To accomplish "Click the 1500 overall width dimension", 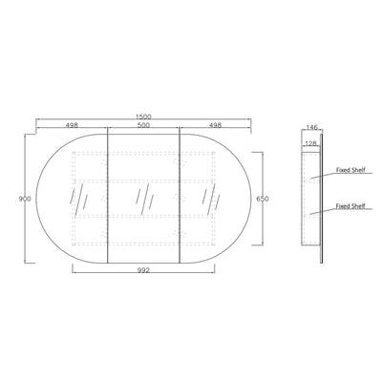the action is pyautogui.click(x=143, y=117).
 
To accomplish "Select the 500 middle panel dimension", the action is pyautogui.click(x=143, y=125).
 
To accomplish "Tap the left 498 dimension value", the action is pyautogui.click(x=72, y=125).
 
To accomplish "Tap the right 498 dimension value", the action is pyautogui.click(x=215, y=125).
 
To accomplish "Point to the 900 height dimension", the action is pyautogui.click(x=25, y=199).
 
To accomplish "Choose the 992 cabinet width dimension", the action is pyautogui.click(x=143, y=270).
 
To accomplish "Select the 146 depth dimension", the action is pyautogui.click(x=312, y=127).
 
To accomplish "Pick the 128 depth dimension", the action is pyautogui.click(x=310, y=144).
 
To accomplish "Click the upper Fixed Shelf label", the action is pyautogui.click(x=350, y=170).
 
